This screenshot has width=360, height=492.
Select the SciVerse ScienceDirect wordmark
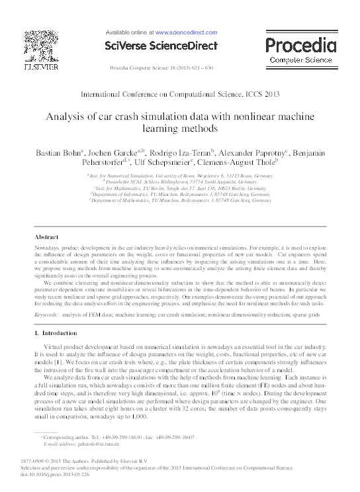[x=161, y=46]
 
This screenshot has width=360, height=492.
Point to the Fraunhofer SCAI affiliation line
[x=182, y=181]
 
